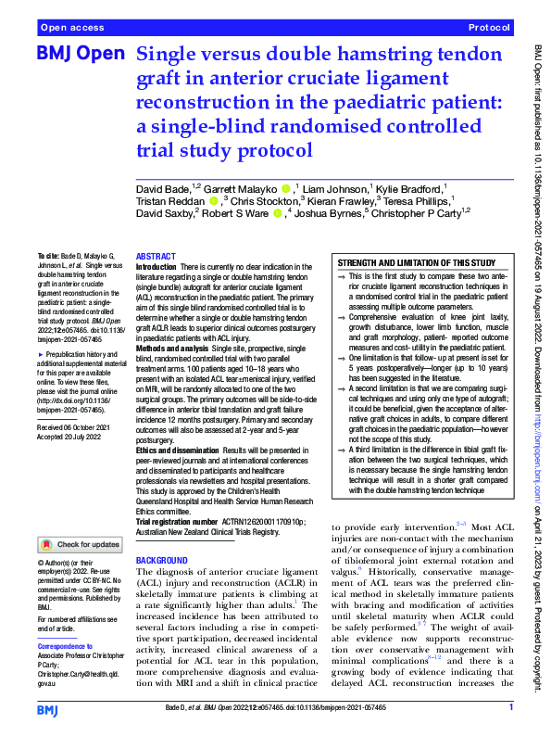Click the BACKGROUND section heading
pyautogui.click(x=162, y=562)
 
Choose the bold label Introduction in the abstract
pyautogui.click(x=155, y=266)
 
